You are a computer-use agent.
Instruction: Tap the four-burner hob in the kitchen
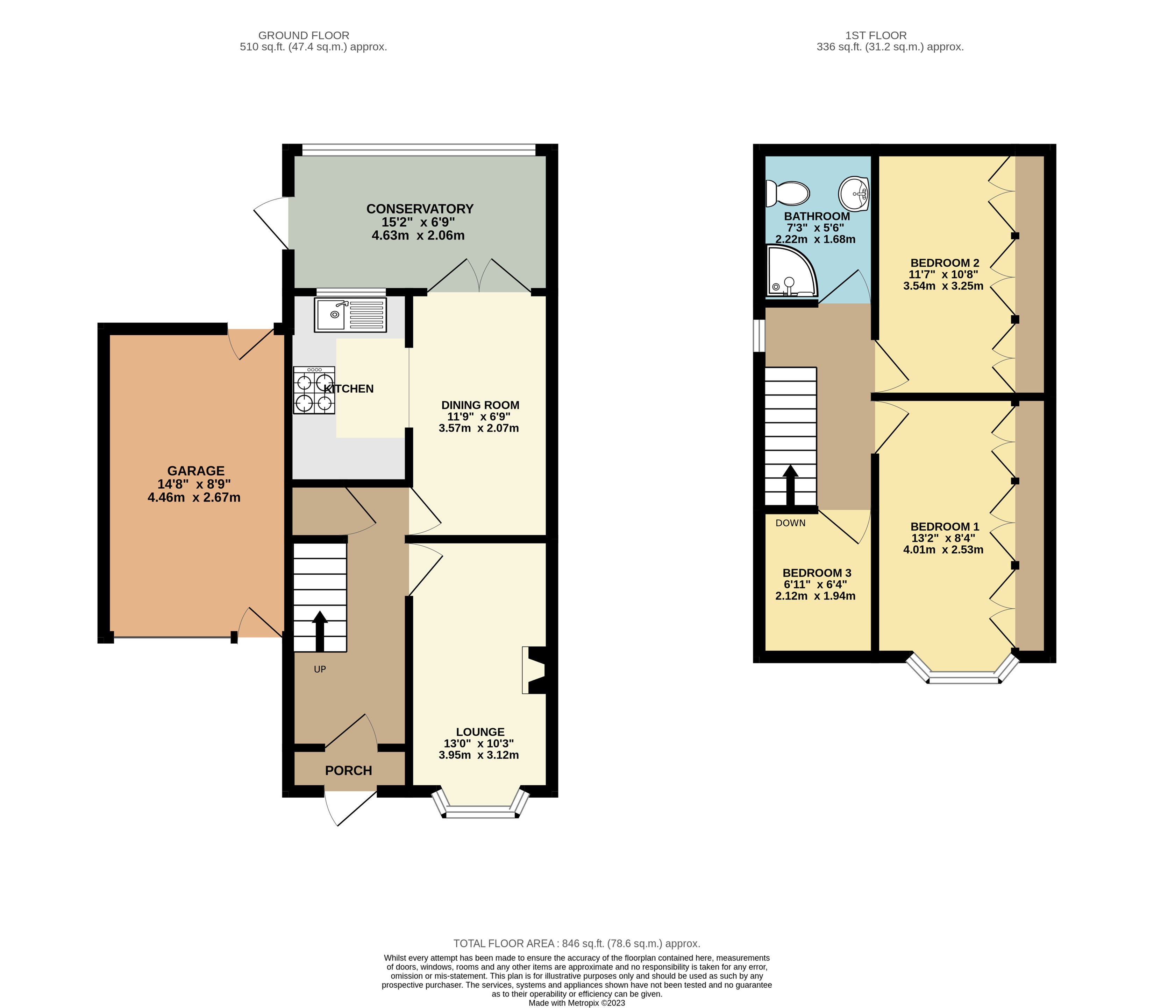coord(314,390)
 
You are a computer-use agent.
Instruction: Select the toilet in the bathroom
coord(788,194)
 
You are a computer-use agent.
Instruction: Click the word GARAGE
coord(195,471)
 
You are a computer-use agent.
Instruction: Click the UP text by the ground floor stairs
coord(319,669)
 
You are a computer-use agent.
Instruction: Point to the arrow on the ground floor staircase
coord(319,630)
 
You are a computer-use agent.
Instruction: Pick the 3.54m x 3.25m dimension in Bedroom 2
coord(943,286)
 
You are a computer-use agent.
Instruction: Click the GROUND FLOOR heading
coord(304,35)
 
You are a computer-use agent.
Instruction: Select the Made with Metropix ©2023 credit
coord(576,1002)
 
